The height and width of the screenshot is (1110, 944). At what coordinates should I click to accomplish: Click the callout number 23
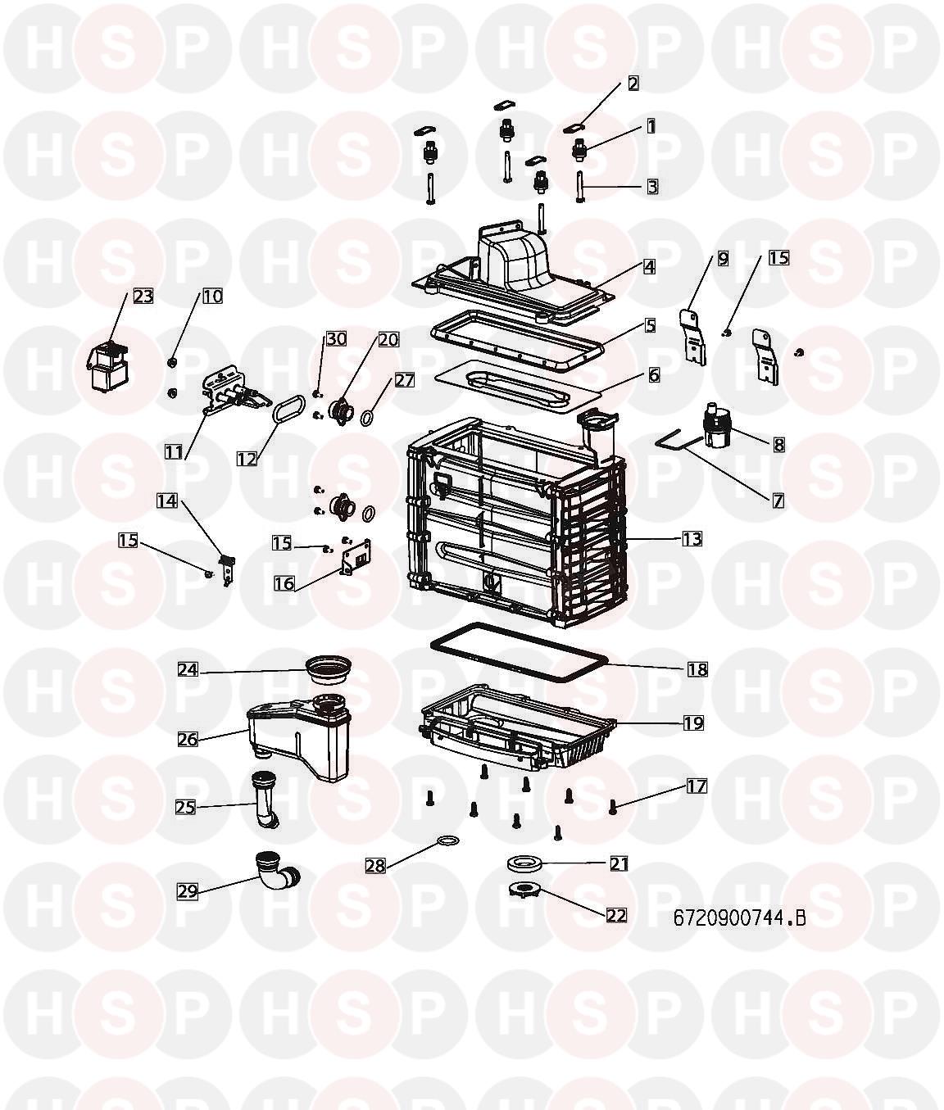tap(143, 296)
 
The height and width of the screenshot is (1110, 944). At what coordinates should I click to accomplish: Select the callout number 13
tap(692, 539)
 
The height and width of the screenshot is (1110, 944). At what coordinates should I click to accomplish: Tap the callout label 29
tap(188, 890)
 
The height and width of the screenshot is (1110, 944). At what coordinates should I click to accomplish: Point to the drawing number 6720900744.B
tap(739, 917)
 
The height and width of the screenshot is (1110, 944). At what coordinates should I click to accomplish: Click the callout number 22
tap(617, 915)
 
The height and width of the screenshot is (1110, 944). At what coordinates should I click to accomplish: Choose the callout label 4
tap(649, 266)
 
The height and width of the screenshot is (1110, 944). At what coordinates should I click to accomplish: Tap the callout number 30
tap(336, 338)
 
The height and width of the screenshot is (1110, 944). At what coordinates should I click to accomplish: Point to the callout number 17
tap(697, 786)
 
